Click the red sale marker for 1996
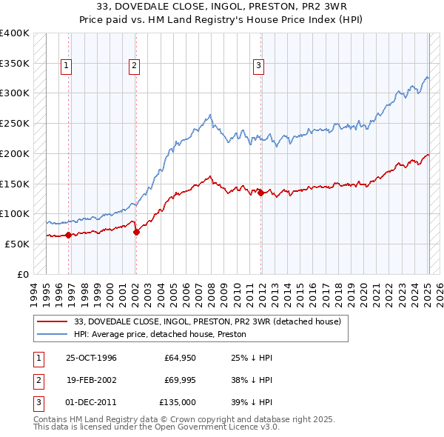(x=69, y=235)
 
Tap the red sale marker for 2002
(x=136, y=232)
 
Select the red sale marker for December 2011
(x=260, y=193)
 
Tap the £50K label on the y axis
(x=18, y=244)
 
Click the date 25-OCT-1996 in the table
(x=92, y=358)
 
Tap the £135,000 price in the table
(x=178, y=402)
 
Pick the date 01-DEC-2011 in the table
(x=92, y=402)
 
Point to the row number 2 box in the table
(x=37, y=380)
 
